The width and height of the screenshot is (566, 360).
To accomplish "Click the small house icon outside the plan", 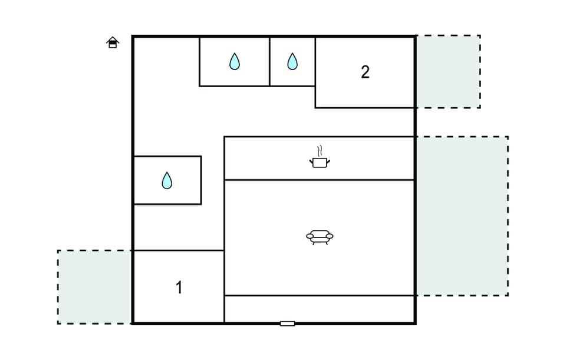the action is [113, 42].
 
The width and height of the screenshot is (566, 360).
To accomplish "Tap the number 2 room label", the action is [365, 72].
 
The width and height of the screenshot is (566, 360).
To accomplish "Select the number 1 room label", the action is [179, 288].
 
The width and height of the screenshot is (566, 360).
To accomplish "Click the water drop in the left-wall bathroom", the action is [167, 180].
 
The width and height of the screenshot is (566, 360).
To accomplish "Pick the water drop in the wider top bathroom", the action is [235, 61].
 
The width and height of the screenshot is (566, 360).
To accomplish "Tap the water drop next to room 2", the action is [292, 61].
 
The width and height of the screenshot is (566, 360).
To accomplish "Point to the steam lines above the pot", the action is [320, 150].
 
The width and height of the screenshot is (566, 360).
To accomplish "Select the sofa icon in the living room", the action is [320, 237].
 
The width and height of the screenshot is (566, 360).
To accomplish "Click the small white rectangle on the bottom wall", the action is [287, 323].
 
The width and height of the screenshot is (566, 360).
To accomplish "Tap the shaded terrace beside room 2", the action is [448, 71].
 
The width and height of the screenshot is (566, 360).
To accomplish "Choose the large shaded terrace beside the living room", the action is [462, 216].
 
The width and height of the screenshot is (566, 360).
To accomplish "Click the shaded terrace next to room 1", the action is [94, 287].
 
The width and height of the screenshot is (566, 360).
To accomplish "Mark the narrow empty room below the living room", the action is [319, 309].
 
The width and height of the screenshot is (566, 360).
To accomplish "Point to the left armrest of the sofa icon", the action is [310, 236].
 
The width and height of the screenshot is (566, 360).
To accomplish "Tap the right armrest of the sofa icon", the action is [330, 236].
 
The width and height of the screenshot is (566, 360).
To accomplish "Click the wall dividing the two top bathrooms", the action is [269, 62].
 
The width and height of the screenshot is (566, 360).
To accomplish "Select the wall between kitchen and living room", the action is [319, 180].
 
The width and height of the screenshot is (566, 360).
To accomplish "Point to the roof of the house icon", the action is [113, 39].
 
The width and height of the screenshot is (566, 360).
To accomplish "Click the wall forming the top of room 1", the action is [179, 250].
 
